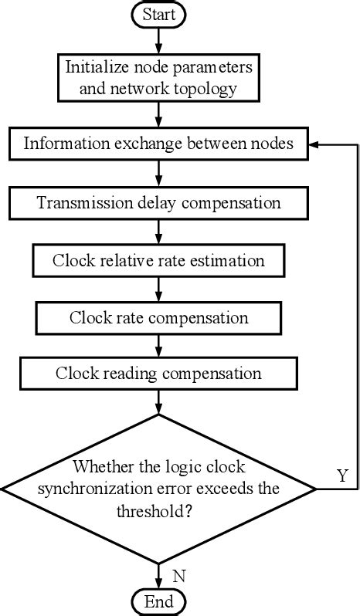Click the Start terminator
(158, 13)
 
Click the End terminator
(158, 601)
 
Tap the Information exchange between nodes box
(158, 144)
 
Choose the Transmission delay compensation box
(158, 203)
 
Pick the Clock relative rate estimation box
(158, 260)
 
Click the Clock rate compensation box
(158, 317)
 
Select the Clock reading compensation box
(158, 374)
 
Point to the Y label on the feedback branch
(342, 476)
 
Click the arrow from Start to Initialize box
(158, 39)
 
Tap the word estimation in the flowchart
(229, 260)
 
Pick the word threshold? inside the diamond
(158, 509)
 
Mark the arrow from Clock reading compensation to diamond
(158, 401)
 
